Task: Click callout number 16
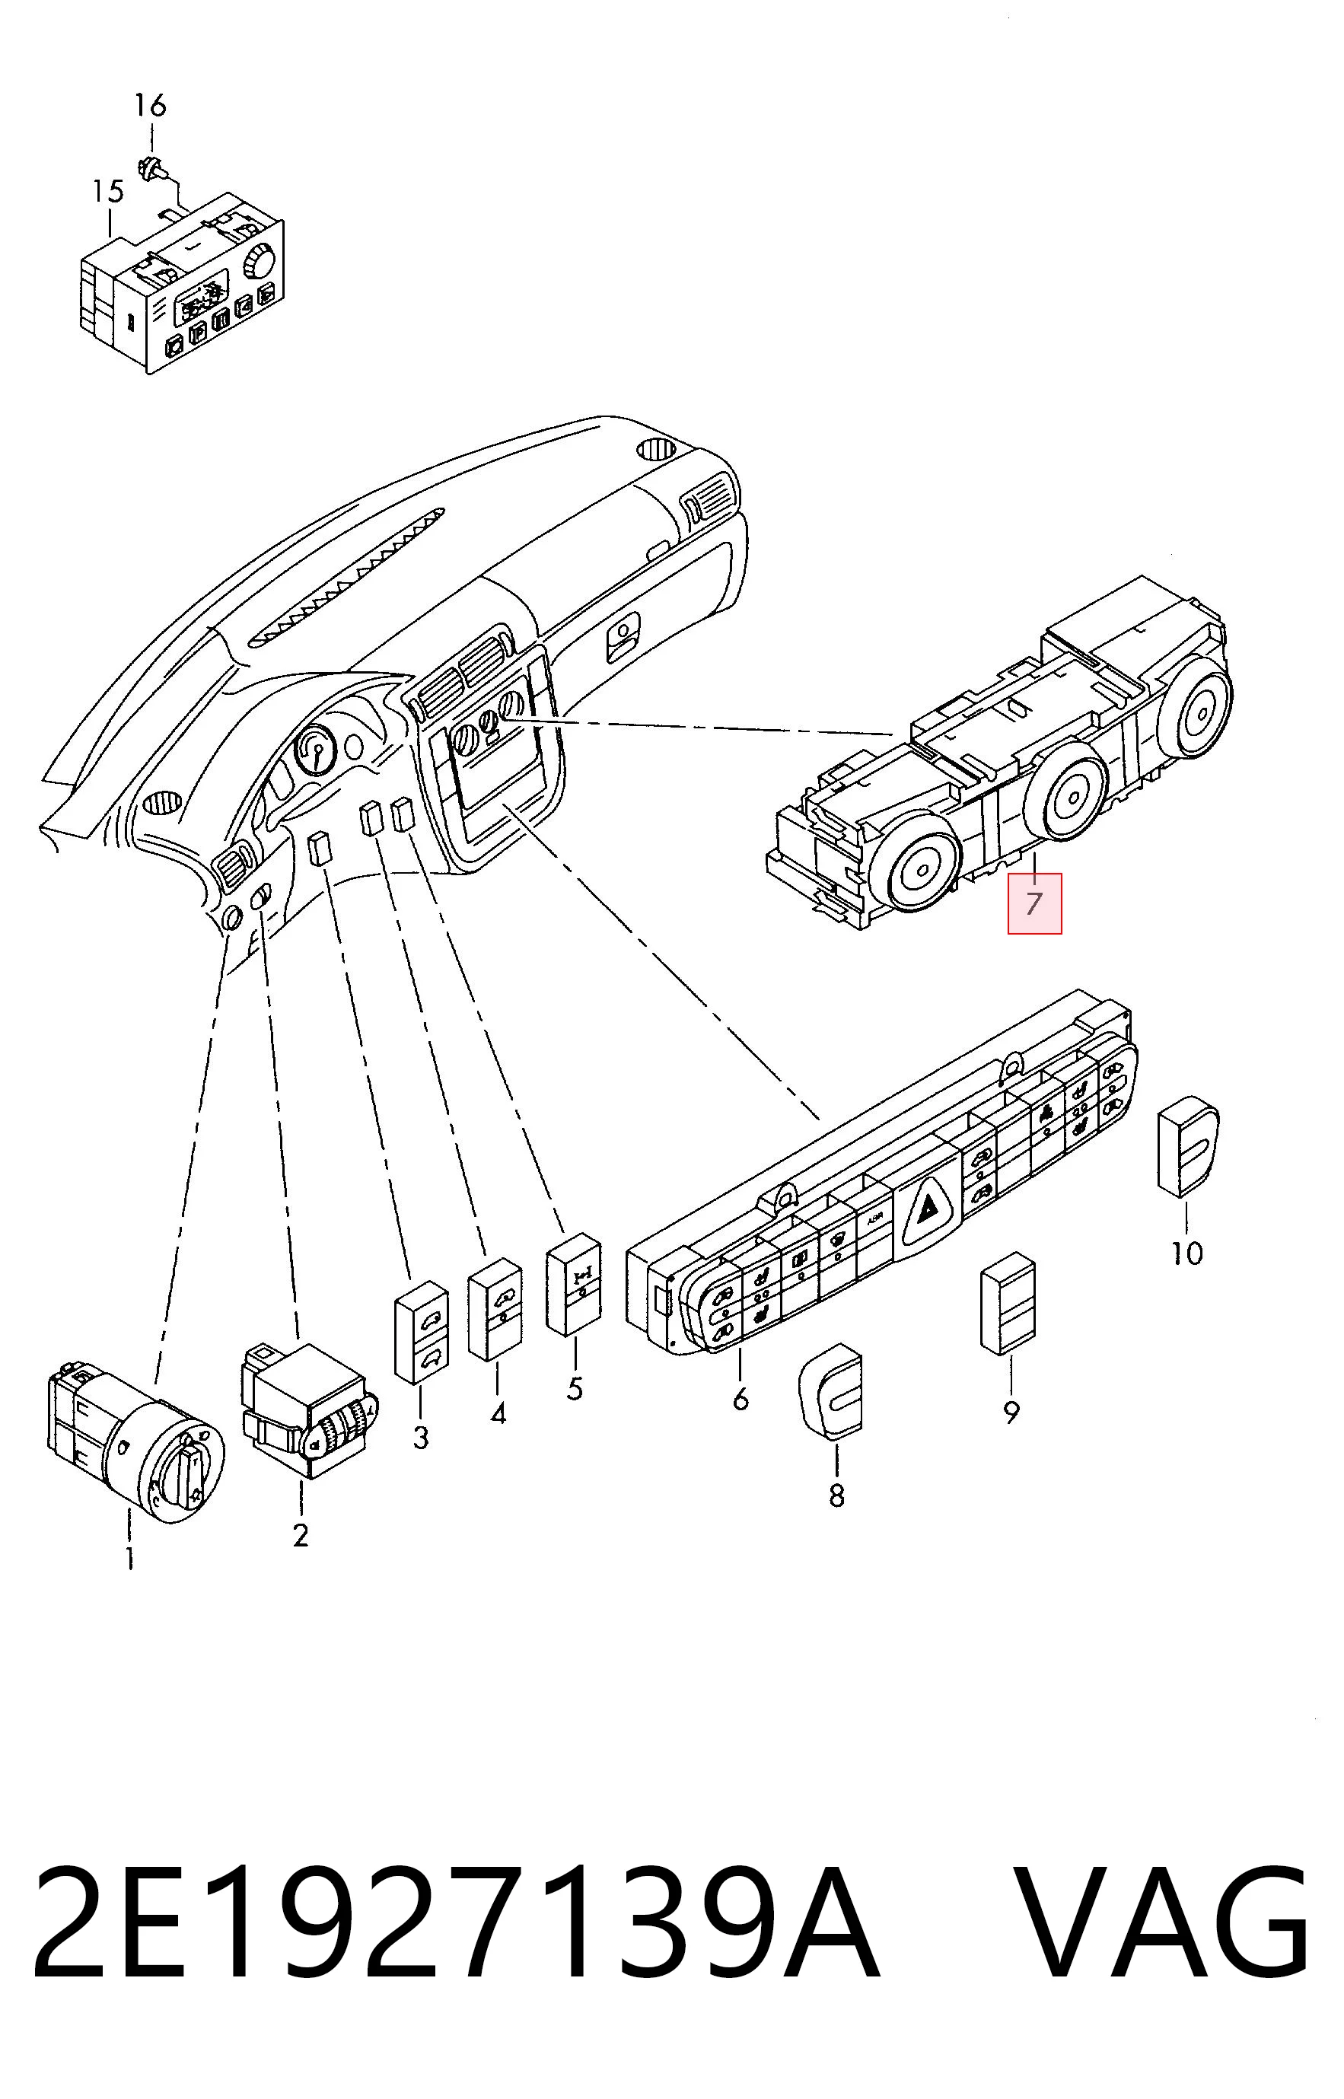[x=149, y=106]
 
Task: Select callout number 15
[x=108, y=191]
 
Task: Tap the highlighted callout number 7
[x=1034, y=903]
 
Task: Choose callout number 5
[x=575, y=1387]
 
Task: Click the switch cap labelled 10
[x=1188, y=1148]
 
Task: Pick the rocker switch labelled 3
[x=422, y=1332]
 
